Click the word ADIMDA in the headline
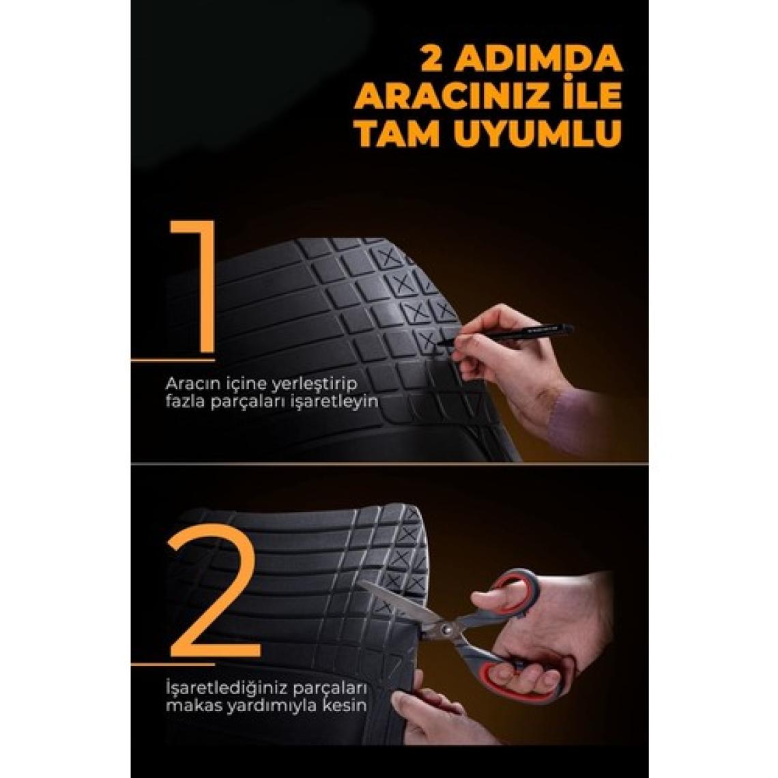pos(539,59)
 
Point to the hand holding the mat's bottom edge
pos(437,710)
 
